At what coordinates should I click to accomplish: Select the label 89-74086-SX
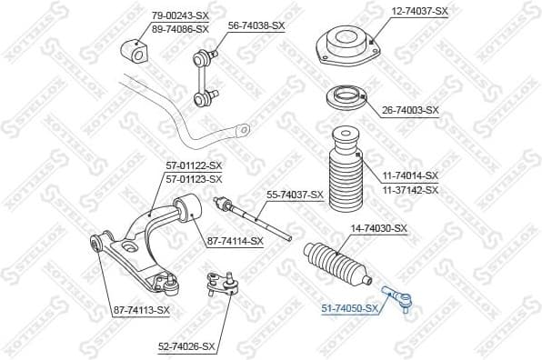pos(180,29)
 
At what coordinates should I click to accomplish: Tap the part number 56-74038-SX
pos(256,25)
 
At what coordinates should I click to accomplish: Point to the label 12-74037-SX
pos(420,11)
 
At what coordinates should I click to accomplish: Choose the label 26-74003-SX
pos(410,110)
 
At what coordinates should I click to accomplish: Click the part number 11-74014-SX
pos(410,175)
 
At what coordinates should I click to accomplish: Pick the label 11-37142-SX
pos(410,189)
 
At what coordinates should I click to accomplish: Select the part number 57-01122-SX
pos(193,165)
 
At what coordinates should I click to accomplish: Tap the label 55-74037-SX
pos(295,195)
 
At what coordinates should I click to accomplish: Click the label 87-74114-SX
pos(235,240)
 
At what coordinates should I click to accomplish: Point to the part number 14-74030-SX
pos(378,228)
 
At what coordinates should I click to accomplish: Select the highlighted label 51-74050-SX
pos(348,309)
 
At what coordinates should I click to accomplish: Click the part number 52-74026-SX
pos(186,346)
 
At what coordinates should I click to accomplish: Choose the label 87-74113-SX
pos(141,310)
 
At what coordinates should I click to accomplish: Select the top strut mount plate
pos(346,45)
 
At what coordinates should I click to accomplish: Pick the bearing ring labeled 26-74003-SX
pos(346,96)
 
